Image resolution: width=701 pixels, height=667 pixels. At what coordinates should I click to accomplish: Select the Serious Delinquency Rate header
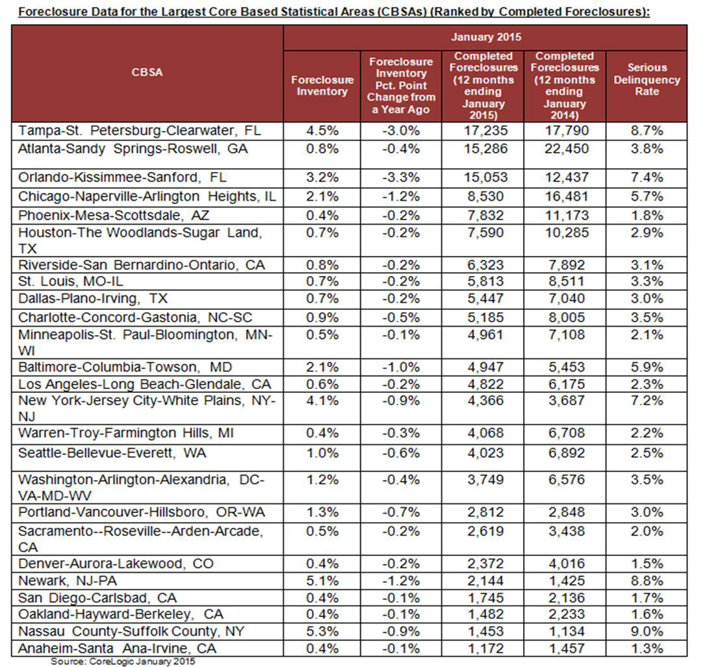tap(646, 79)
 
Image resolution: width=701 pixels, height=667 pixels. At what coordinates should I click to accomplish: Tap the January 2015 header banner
tap(485, 37)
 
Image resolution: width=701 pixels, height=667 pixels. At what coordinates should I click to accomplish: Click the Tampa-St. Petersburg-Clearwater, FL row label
tap(140, 131)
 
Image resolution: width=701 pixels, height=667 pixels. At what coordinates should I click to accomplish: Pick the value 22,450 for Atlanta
tap(564, 149)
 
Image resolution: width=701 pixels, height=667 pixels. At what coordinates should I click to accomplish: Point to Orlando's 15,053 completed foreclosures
tap(484, 177)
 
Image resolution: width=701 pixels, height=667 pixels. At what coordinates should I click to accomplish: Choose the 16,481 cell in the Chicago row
tap(564, 196)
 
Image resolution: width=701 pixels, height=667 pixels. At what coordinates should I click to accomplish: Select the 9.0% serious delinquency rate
tap(646, 631)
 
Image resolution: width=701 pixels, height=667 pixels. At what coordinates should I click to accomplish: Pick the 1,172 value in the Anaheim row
tap(484, 648)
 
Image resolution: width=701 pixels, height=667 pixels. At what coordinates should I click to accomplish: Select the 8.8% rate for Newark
tap(646, 581)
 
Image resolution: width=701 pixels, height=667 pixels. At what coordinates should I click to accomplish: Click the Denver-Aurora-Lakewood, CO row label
tap(116, 564)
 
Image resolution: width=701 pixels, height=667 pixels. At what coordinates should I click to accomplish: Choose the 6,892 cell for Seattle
tap(564, 453)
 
